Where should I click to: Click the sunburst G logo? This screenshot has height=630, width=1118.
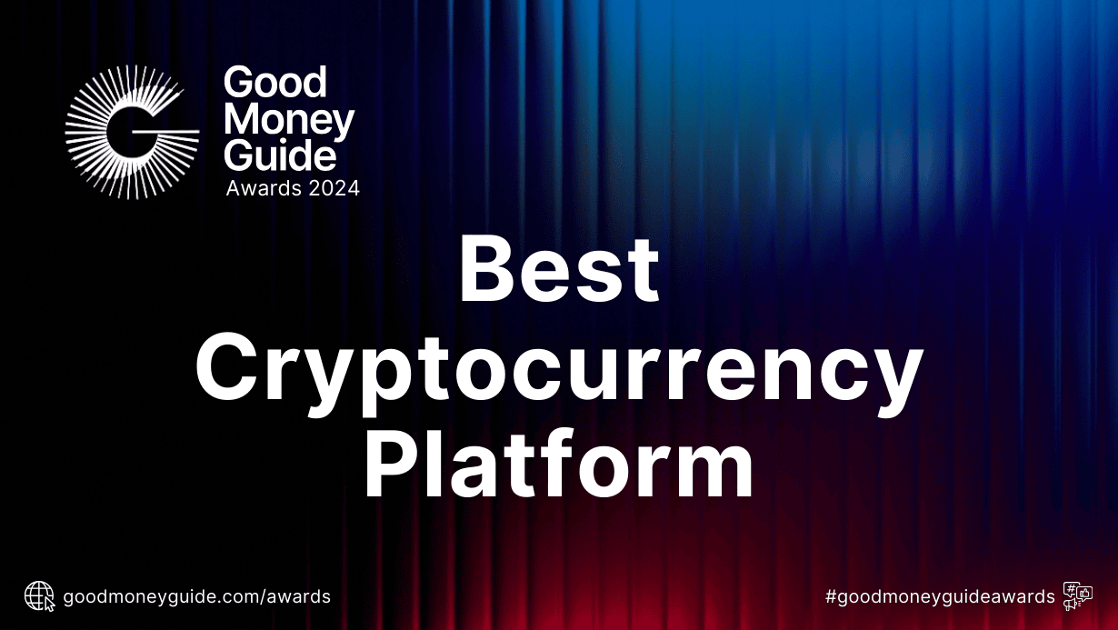tap(132, 132)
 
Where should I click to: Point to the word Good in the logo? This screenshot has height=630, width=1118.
tap(275, 84)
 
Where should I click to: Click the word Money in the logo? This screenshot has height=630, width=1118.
tap(289, 120)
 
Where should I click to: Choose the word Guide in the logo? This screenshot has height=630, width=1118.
tap(280, 155)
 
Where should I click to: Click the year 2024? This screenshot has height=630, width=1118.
tap(334, 189)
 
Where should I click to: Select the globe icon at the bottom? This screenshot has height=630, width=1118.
tap(39, 596)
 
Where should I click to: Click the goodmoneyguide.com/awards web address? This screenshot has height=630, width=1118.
tap(196, 597)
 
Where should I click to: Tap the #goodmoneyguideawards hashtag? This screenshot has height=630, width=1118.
tap(940, 597)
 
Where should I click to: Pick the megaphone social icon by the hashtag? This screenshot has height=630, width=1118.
tap(1077, 596)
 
